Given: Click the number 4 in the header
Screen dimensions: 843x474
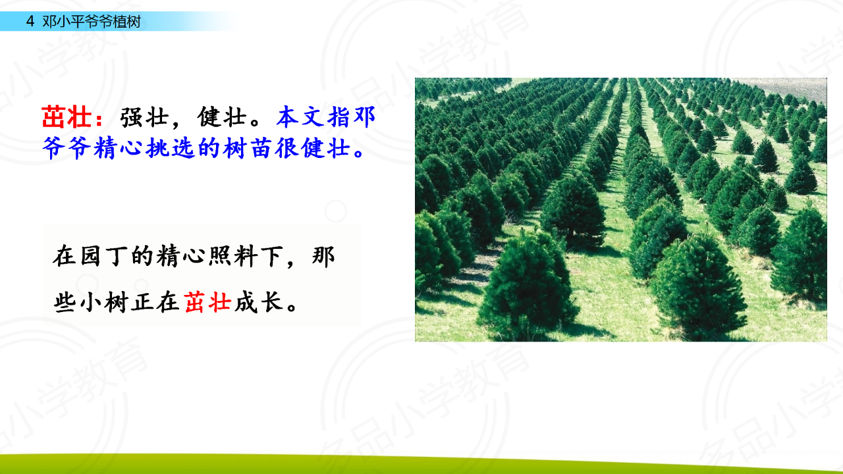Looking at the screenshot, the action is [x=30, y=22].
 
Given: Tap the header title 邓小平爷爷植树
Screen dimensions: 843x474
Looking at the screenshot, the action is [x=92, y=22].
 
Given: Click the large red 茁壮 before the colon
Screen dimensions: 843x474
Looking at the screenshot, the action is [x=67, y=117].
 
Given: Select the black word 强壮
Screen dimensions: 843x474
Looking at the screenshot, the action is [x=144, y=117].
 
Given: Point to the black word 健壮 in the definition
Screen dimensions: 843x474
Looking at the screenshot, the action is [x=222, y=117].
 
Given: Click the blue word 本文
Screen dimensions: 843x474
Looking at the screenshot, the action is [x=301, y=117].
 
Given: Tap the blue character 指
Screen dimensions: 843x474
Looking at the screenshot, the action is [x=339, y=117].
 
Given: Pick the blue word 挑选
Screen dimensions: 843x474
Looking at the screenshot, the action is [x=170, y=148].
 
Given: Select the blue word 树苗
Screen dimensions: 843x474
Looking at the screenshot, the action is [x=248, y=148].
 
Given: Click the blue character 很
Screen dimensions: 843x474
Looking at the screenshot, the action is [x=286, y=148].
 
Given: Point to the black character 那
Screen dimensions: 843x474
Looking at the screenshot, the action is [x=323, y=256].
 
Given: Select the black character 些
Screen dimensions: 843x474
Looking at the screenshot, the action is [x=65, y=302].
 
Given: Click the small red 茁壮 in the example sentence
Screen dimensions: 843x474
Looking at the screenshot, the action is [x=207, y=302].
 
